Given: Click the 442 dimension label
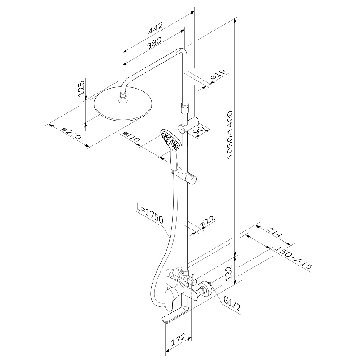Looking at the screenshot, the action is point(156,28).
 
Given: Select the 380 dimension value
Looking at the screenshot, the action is point(154,43).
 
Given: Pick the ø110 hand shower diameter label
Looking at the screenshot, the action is point(131,137).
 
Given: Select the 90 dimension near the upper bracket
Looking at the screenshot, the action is point(198,130).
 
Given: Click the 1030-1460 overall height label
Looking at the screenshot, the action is point(229,135).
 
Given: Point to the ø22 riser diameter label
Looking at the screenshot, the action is point(208,221).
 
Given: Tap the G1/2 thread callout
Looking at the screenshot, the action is point(232,303).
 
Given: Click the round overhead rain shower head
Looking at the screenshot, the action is point(123,103).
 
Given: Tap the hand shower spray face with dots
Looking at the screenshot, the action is point(171,139).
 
